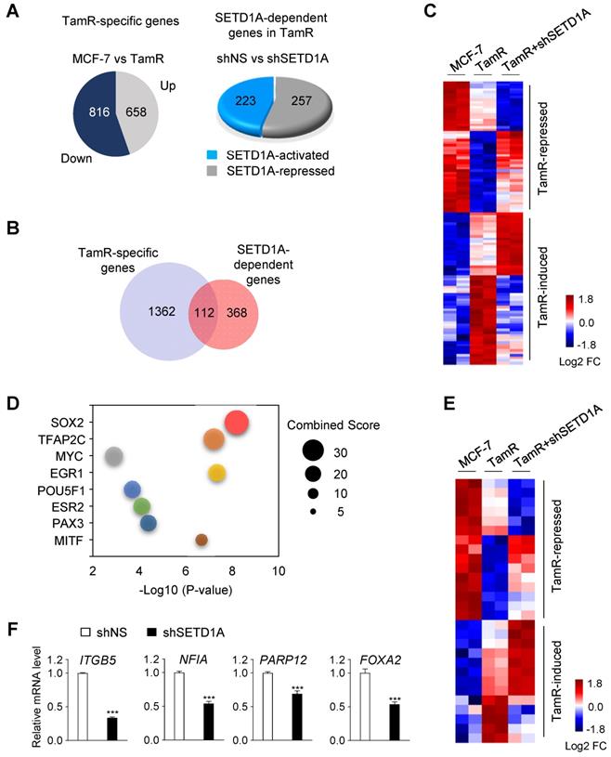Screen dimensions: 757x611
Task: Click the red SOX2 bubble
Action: pyautogui.click(x=237, y=423)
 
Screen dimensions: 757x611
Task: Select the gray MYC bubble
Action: pyautogui.click(x=114, y=456)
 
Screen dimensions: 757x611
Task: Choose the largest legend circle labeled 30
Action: pyautogui.click(x=312, y=452)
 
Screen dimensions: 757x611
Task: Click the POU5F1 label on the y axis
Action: pyautogui.click(x=57, y=489)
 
